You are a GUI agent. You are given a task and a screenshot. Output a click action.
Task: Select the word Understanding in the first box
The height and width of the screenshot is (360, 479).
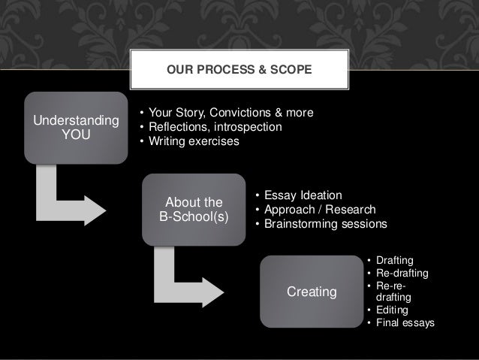click(74, 121)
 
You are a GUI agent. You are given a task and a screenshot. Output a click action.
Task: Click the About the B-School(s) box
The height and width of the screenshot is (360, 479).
click(193, 210)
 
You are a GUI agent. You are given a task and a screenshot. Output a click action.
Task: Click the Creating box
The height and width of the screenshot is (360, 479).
click(312, 291)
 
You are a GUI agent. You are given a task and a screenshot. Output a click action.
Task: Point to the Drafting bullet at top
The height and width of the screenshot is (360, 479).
click(393, 260)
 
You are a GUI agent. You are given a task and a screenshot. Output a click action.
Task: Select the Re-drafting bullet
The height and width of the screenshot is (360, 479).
click(401, 273)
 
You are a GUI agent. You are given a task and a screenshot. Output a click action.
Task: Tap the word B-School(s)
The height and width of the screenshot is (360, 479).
click(193, 217)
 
